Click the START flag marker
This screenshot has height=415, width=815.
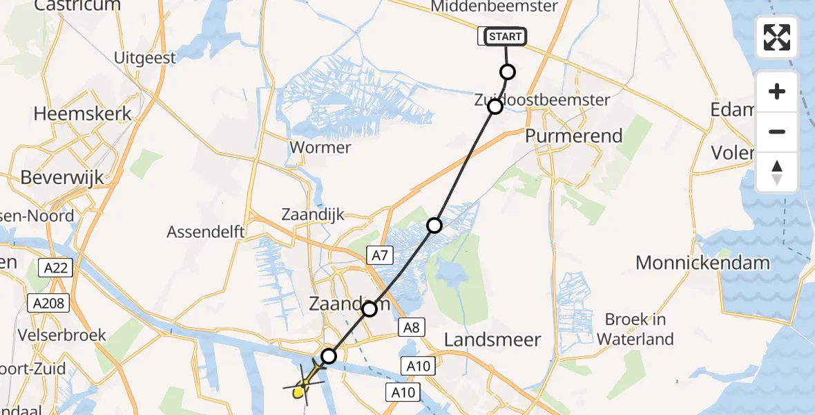pyautogui.click(x=506, y=37)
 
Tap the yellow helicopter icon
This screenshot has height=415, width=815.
pyautogui.click(x=305, y=385)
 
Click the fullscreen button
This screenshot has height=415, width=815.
pyautogui.click(x=777, y=37)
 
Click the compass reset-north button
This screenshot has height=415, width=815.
pyautogui.click(x=777, y=172)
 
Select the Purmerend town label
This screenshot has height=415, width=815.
pyautogui.click(x=573, y=136)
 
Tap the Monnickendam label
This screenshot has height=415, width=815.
pyautogui.click(x=702, y=263)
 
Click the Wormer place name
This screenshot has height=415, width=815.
pyautogui.click(x=320, y=147)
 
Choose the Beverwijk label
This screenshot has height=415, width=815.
pyautogui.click(x=62, y=178)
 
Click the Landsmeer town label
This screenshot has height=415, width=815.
pyautogui.click(x=492, y=340)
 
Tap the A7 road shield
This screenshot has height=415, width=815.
pyautogui.click(x=379, y=256)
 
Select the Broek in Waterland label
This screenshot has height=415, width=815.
pyautogui.click(x=635, y=329)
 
